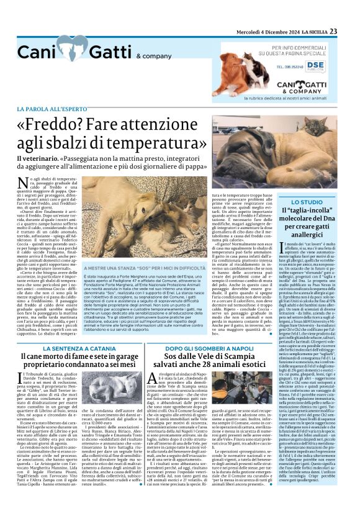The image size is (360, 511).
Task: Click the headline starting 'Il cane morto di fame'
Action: click(x=78, y=358)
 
